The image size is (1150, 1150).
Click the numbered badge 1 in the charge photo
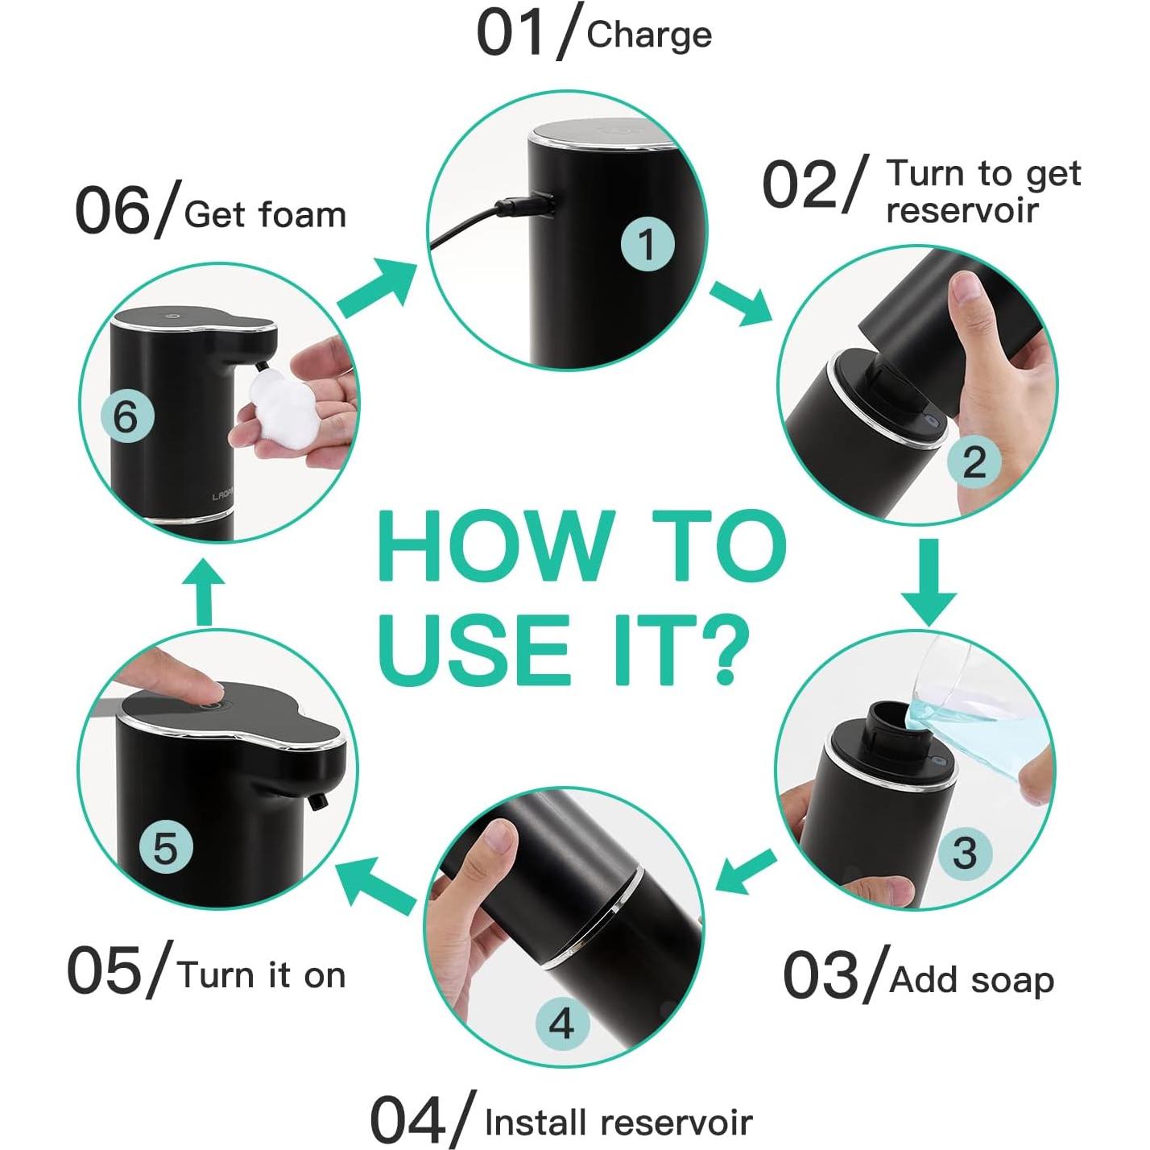(x=647, y=245)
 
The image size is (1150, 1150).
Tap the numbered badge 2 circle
(x=974, y=462)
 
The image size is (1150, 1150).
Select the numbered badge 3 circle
(x=964, y=852)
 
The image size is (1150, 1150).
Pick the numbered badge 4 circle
(x=561, y=1024)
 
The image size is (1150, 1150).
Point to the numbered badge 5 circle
(x=165, y=848)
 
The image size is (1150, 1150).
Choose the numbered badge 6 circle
(x=126, y=417)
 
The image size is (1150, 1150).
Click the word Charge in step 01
(x=649, y=36)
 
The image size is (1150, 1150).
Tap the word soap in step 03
(x=1012, y=980)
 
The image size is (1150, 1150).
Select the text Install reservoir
(x=618, y=1122)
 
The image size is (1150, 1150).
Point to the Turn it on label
(x=262, y=974)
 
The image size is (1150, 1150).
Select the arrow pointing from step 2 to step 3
(x=928, y=581)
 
